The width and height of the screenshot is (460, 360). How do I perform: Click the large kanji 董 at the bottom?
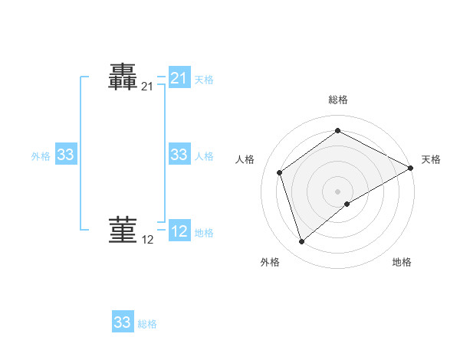pyautogui.click(x=123, y=229)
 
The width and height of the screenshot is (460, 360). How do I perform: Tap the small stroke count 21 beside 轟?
pyautogui.click(x=147, y=88)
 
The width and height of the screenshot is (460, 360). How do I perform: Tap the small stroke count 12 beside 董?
pyautogui.click(x=147, y=240)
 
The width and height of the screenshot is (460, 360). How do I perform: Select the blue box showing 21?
pyautogui.click(x=179, y=78)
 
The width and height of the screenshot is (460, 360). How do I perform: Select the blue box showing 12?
pyautogui.click(x=179, y=231)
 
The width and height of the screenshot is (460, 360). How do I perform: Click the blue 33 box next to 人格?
pyautogui.click(x=179, y=155)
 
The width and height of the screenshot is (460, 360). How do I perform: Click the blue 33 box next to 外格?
pyautogui.click(x=66, y=155)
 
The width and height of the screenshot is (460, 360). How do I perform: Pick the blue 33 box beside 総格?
pyautogui.click(x=123, y=322)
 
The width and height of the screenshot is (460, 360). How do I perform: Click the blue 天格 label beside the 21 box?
pyautogui.click(x=204, y=80)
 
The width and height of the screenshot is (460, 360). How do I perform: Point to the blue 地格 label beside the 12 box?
pyautogui.click(x=204, y=233)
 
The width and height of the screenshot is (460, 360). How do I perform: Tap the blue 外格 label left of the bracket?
pyautogui.click(x=41, y=156)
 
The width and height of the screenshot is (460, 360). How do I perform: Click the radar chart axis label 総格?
pyautogui.click(x=337, y=100)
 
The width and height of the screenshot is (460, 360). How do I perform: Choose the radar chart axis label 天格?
pyautogui.click(x=431, y=159)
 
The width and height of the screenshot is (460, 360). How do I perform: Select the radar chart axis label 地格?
pyautogui.click(x=402, y=262)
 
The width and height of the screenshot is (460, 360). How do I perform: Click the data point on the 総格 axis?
pyautogui.click(x=337, y=131)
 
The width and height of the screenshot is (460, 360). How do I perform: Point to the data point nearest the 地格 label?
pyautogui.click(x=347, y=204)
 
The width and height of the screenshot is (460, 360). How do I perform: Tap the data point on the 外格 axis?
pyautogui.click(x=302, y=242)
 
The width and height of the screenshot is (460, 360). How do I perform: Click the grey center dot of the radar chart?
pyautogui.click(x=337, y=191)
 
